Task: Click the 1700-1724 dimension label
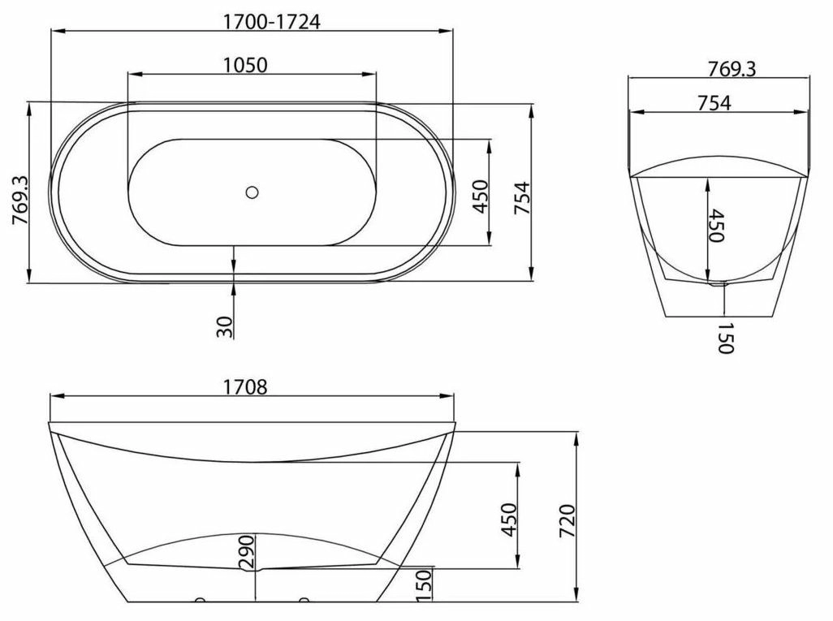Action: point(271,21)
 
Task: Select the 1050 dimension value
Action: point(245,65)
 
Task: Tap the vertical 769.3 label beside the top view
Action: point(19,201)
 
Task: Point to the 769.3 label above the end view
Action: point(732,68)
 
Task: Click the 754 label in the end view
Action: point(714,102)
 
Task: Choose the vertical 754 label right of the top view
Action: point(522,198)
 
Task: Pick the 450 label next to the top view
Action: point(481,196)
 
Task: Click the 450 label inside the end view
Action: point(717,225)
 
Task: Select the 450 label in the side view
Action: point(508,520)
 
